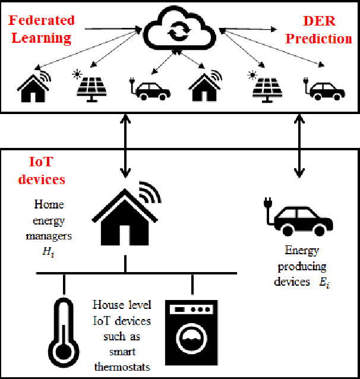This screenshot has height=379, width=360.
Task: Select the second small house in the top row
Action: [x=205, y=87]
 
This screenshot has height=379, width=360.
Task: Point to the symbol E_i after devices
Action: [x=323, y=282]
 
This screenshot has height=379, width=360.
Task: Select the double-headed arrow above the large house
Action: [x=125, y=146]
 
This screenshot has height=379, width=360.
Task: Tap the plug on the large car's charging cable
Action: [x=267, y=206]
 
